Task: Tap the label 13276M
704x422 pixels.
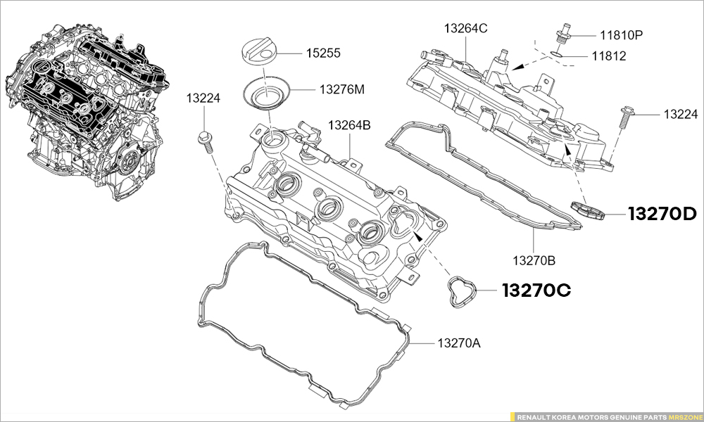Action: [342, 89]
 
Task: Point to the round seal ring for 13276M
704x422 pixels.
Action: [267, 95]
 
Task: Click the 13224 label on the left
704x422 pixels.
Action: [203, 98]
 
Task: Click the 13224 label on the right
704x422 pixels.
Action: [680, 113]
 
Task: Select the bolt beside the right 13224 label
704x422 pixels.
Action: [625, 117]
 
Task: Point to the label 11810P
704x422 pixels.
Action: [621, 34]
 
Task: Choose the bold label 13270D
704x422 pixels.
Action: [662, 215]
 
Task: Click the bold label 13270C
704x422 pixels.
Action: [536, 290]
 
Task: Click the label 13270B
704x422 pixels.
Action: [534, 260]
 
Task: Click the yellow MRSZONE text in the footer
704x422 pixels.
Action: [684, 416]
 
